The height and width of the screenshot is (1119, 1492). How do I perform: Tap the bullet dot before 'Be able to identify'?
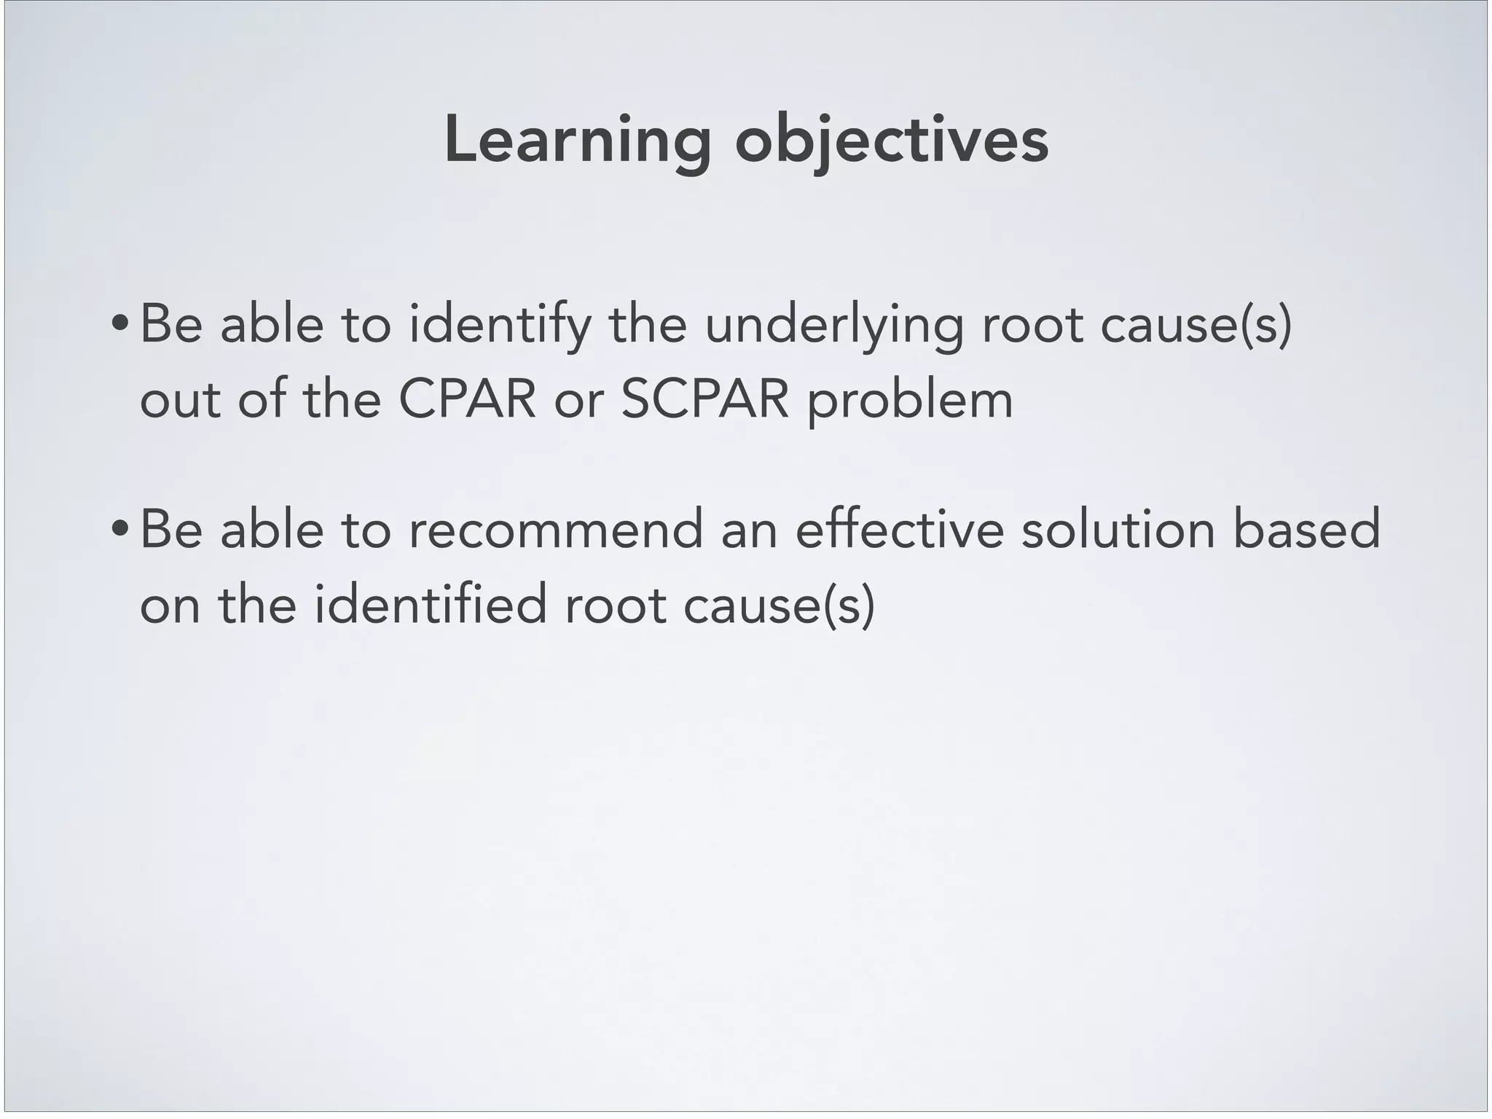[x=119, y=325]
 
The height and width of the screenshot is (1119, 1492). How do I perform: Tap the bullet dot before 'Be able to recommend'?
[x=119, y=530]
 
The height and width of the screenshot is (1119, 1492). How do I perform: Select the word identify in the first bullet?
[x=499, y=325]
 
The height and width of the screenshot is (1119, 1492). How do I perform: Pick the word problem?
[x=911, y=401]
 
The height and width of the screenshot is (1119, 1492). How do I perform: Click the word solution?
[x=1118, y=530]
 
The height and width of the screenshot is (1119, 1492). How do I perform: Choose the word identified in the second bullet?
[x=431, y=605]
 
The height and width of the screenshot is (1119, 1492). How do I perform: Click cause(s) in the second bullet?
[x=779, y=605]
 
